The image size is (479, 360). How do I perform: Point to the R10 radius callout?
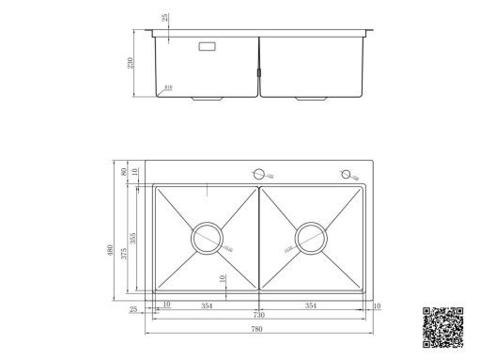pos(168,88)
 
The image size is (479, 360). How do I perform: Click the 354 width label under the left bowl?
pos(205,305)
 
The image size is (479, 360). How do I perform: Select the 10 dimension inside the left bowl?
pos(223,279)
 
